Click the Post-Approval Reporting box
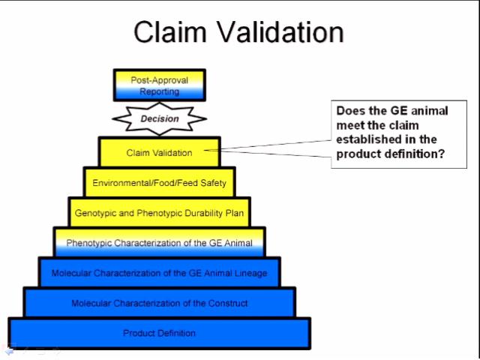click(159, 85)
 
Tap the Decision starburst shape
click(159, 118)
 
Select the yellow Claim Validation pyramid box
click(159, 152)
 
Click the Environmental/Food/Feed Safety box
click(159, 182)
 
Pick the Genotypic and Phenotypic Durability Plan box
click(159, 213)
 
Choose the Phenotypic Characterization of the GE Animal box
click(159, 243)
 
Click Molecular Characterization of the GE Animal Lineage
click(159, 273)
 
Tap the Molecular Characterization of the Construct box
click(159, 303)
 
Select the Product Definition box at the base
click(159, 333)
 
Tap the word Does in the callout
click(350, 110)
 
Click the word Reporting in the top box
click(159, 91)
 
